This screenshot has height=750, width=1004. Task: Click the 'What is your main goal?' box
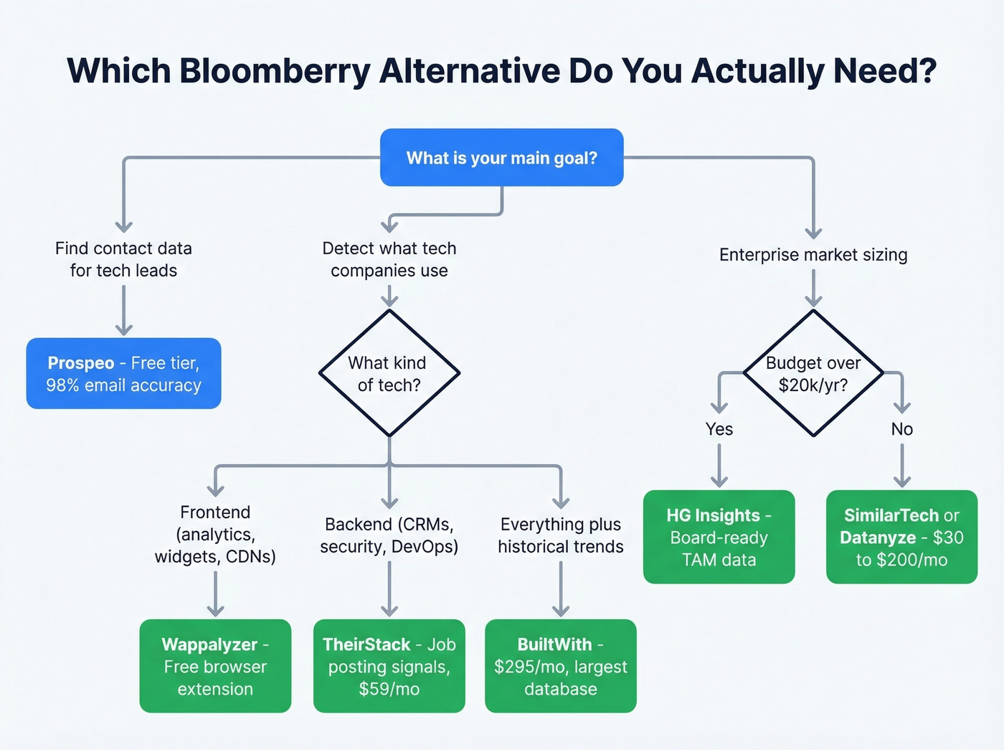click(501, 158)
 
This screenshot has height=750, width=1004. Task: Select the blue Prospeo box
click(123, 374)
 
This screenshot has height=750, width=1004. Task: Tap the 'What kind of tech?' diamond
click(389, 373)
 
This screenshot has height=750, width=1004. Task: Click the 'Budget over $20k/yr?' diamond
click(813, 373)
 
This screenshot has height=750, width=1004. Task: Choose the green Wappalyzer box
click(215, 666)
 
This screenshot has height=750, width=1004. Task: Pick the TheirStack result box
click(389, 666)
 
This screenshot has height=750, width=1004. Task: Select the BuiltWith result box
click(560, 666)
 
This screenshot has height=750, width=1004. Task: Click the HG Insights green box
click(719, 537)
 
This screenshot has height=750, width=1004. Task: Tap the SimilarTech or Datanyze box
click(901, 537)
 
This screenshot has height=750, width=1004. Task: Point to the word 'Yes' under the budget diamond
click(719, 429)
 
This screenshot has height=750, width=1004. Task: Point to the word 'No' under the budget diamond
click(901, 429)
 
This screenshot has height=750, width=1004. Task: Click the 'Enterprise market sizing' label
click(813, 255)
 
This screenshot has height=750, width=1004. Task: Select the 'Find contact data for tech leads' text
click(123, 259)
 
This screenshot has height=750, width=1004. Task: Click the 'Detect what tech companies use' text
click(389, 259)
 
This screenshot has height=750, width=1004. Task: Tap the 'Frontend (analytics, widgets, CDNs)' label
click(215, 534)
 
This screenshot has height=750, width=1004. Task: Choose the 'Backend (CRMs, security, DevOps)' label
click(389, 535)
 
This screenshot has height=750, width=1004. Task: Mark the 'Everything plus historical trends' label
click(560, 535)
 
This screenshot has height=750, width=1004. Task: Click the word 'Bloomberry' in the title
click(275, 71)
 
